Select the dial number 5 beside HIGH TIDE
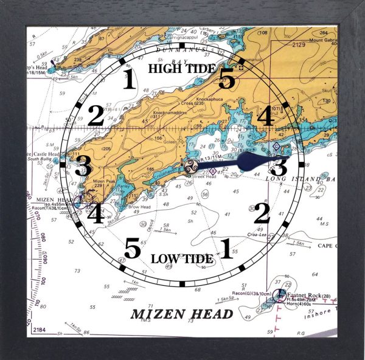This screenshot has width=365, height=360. tap(226, 78)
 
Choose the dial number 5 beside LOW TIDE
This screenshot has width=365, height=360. tap(133, 248)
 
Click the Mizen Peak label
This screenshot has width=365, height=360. tap(97, 181)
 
